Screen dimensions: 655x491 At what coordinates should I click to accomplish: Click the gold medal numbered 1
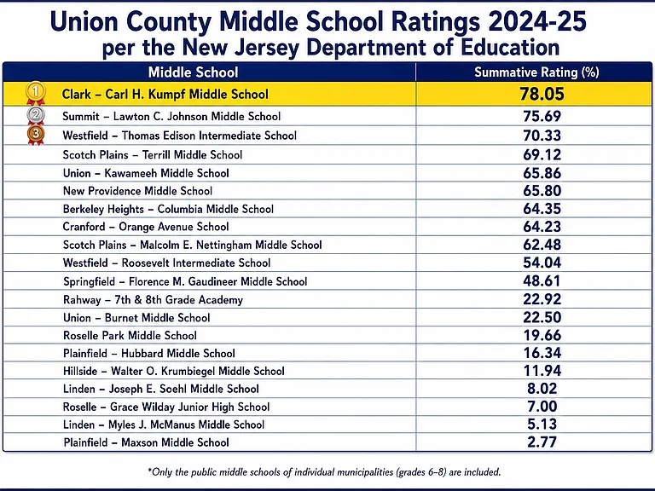tap(36, 93)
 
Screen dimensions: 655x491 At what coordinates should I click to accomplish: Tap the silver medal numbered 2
tap(36, 116)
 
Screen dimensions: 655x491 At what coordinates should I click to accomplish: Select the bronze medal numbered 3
tap(36, 136)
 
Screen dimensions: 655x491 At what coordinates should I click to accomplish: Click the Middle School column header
tap(193, 72)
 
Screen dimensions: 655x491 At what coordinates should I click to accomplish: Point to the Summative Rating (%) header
tap(536, 72)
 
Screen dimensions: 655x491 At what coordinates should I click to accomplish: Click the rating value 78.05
tap(542, 94)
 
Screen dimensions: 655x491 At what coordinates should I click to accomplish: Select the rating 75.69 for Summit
tap(542, 116)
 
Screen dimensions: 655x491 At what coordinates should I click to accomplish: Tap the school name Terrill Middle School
tap(192, 155)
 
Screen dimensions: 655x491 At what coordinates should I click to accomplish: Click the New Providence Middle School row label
tap(137, 191)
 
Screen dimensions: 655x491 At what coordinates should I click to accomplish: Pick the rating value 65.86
tap(542, 173)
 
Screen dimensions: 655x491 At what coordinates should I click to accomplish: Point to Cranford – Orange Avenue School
tap(146, 227)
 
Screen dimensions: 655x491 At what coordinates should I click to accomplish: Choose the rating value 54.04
tap(542, 263)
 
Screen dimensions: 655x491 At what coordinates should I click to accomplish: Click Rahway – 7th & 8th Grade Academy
tap(153, 300)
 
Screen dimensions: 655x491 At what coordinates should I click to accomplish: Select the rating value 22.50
tap(542, 317)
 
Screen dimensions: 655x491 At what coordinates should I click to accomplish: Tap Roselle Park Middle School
tap(130, 335)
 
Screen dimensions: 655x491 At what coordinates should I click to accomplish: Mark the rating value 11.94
tap(542, 371)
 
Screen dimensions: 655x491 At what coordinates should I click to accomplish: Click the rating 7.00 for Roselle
tap(542, 407)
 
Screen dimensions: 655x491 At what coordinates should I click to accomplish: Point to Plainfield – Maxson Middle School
tap(146, 442)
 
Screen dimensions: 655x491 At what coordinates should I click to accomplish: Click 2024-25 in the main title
tap(537, 20)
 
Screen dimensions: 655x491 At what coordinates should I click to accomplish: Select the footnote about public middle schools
tap(324, 472)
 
